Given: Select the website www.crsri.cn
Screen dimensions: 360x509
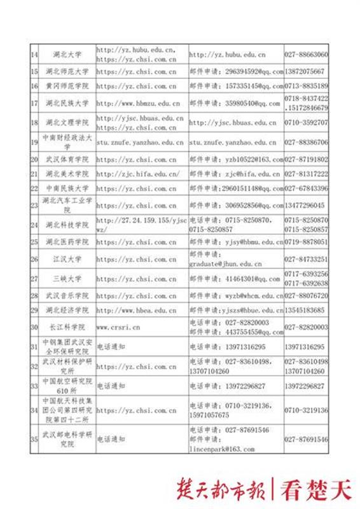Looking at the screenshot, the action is (118, 326).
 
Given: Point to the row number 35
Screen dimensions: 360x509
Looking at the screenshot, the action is (35, 439).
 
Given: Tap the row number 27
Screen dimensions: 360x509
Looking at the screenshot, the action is (35, 278).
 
